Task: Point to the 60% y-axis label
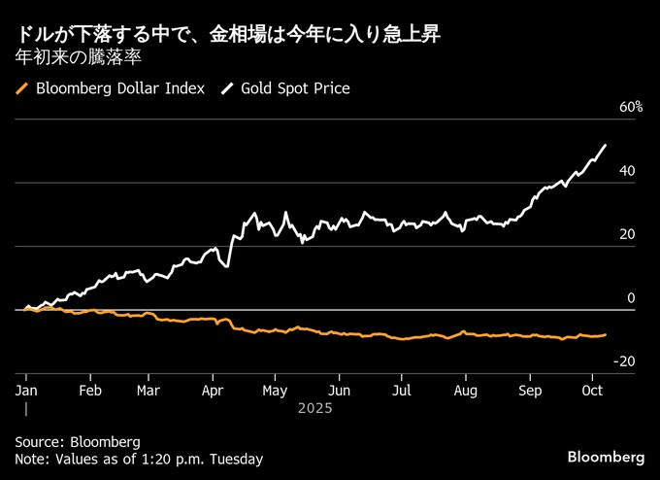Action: (x=631, y=107)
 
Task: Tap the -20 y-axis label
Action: (x=624, y=361)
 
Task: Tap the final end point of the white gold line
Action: (x=606, y=146)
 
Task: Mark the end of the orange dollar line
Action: (x=606, y=334)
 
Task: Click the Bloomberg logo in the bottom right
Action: (x=606, y=457)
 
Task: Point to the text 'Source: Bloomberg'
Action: (x=78, y=441)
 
